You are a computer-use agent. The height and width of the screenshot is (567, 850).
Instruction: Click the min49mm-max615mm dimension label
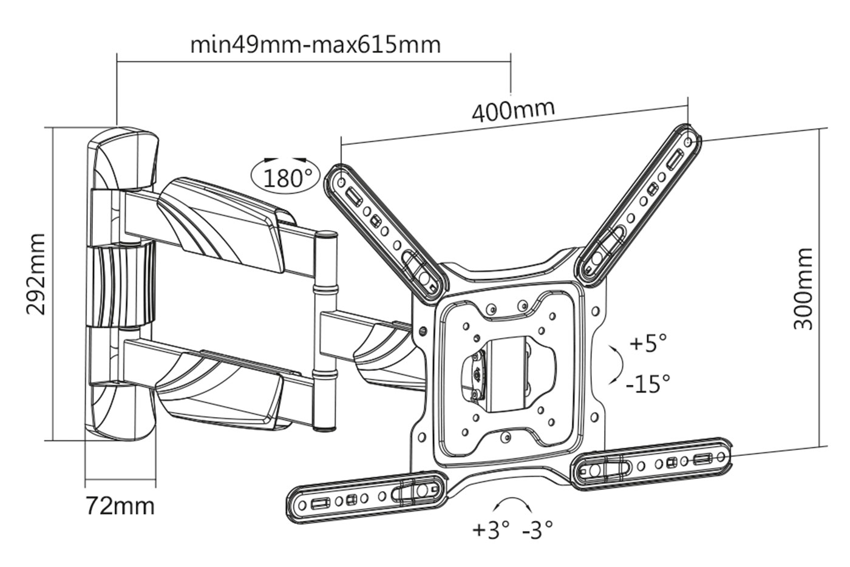315,44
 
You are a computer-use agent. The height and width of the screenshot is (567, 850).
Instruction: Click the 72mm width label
120,505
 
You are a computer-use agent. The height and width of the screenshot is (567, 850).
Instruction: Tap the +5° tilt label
648,343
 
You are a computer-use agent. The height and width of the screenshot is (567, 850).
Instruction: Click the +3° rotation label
491,530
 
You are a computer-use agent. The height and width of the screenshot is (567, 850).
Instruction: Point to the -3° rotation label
538,530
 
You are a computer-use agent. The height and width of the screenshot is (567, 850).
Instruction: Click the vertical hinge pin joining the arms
326,331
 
